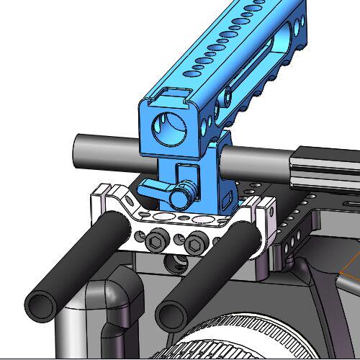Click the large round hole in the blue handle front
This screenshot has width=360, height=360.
170,129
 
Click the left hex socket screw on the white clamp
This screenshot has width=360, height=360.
158,242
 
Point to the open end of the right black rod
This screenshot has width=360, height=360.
171,314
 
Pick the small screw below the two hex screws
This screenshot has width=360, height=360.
173,262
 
